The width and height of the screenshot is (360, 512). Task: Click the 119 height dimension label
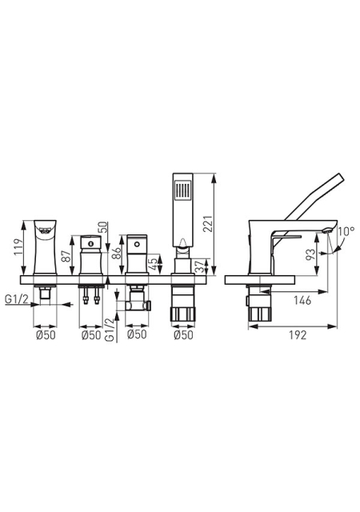18,247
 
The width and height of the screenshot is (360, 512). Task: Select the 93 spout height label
310,254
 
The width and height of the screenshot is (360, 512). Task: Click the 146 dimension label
302,301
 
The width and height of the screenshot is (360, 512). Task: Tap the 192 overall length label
298,335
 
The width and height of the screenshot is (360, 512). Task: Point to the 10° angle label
346,231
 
